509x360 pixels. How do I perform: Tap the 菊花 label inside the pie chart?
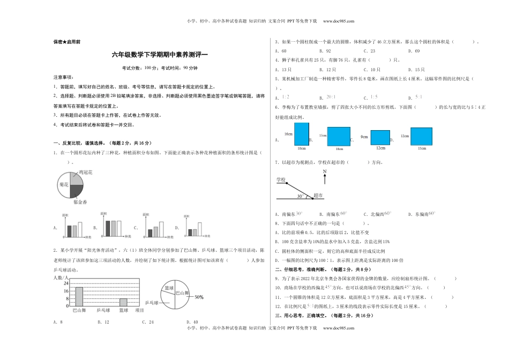(x=63, y=185)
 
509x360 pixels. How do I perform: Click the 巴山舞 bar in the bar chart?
(x=79, y=296)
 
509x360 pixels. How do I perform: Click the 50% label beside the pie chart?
(x=199, y=296)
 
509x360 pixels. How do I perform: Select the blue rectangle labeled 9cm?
(x=380, y=137)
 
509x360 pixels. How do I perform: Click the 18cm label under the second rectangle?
(x=339, y=149)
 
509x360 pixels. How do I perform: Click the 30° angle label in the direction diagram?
(x=301, y=196)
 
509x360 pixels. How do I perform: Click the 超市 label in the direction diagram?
(x=318, y=196)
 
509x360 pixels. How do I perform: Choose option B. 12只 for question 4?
(x=327, y=69)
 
